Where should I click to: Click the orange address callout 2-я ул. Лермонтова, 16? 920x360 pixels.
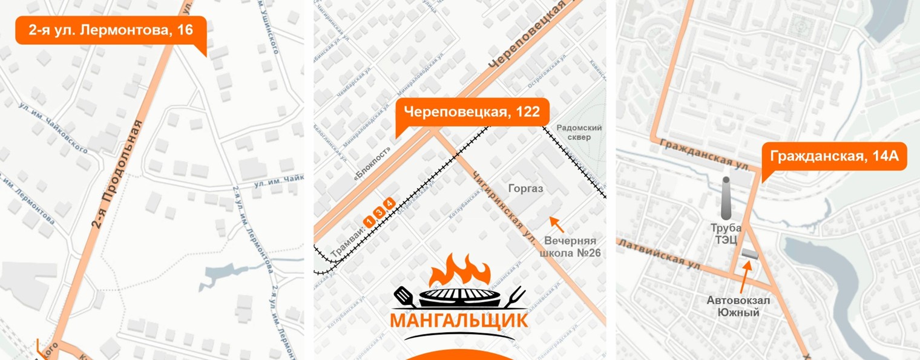tap(111, 30)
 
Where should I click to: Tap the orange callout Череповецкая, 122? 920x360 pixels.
tap(471, 112)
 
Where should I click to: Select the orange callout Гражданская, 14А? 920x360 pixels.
tap(834, 157)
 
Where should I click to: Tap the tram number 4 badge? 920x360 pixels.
tap(389, 203)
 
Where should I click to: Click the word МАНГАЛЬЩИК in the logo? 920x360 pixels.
tap(458, 320)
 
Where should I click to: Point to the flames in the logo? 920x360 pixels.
tap(458, 270)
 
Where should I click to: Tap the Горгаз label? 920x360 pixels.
tap(525, 189)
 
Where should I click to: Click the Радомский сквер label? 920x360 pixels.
tap(579, 132)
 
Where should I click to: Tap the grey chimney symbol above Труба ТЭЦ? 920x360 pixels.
tap(726, 198)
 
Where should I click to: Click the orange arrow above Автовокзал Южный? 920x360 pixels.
tap(746, 274)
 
